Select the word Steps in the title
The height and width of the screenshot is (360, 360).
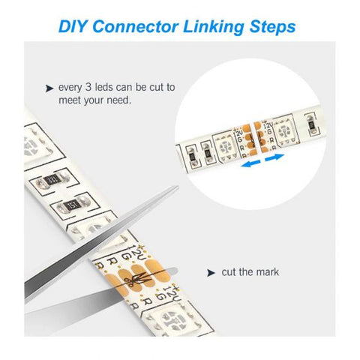pyautogui.click(x=268, y=27)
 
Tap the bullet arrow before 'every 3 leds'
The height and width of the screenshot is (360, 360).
pyautogui.click(x=49, y=88)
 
